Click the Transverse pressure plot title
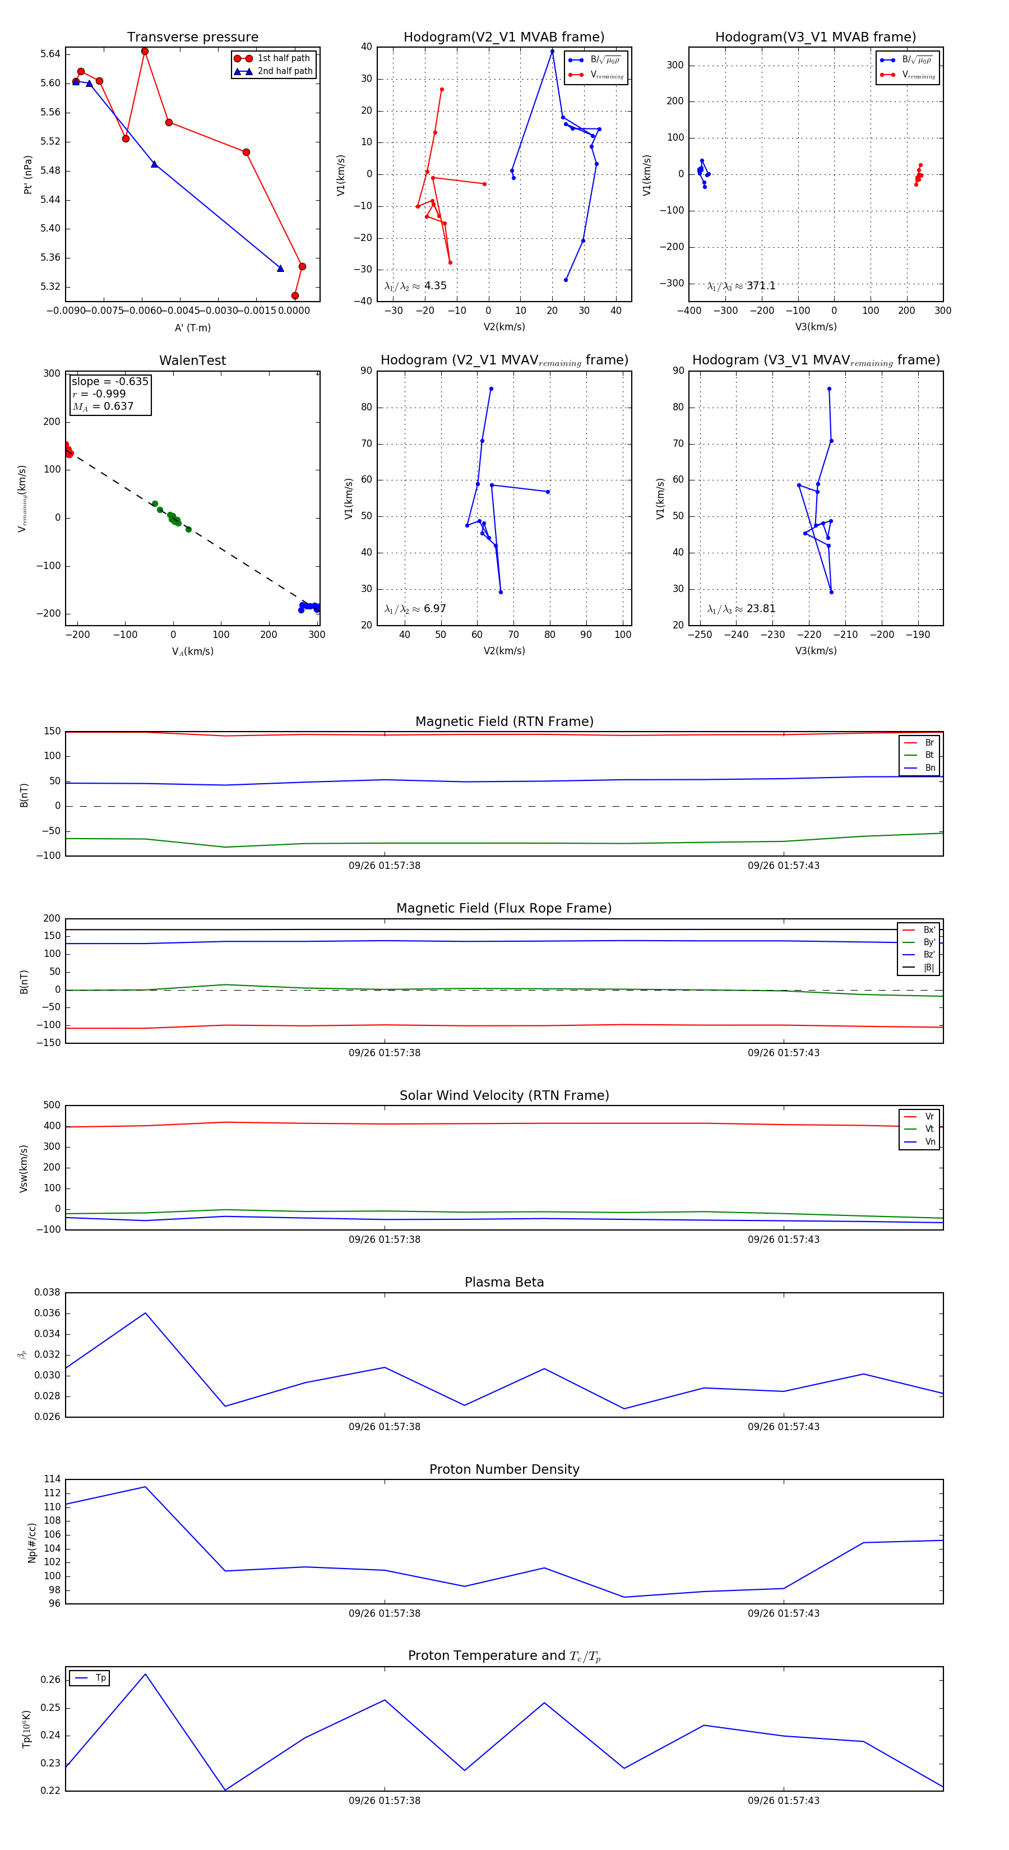tap(192, 38)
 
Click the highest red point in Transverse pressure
tap(145, 52)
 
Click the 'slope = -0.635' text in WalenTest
tap(110, 381)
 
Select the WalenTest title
tap(192, 360)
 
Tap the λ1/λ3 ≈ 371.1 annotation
tap(741, 286)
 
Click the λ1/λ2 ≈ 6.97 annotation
tap(415, 609)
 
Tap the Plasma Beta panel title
tap(504, 1283)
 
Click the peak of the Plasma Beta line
tap(146, 1313)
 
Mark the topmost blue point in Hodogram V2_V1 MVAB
tap(552, 51)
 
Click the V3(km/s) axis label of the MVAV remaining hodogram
tap(816, 651)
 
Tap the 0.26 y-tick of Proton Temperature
tap(50, 1680)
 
